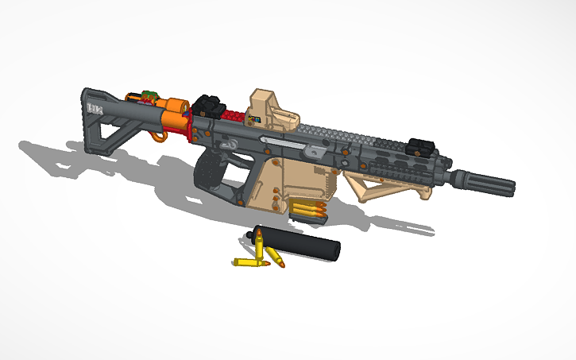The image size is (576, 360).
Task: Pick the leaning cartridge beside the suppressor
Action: pos(275,257)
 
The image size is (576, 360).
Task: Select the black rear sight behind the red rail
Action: pos(208,106)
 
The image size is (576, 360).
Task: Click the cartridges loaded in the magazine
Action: pos(309,211)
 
